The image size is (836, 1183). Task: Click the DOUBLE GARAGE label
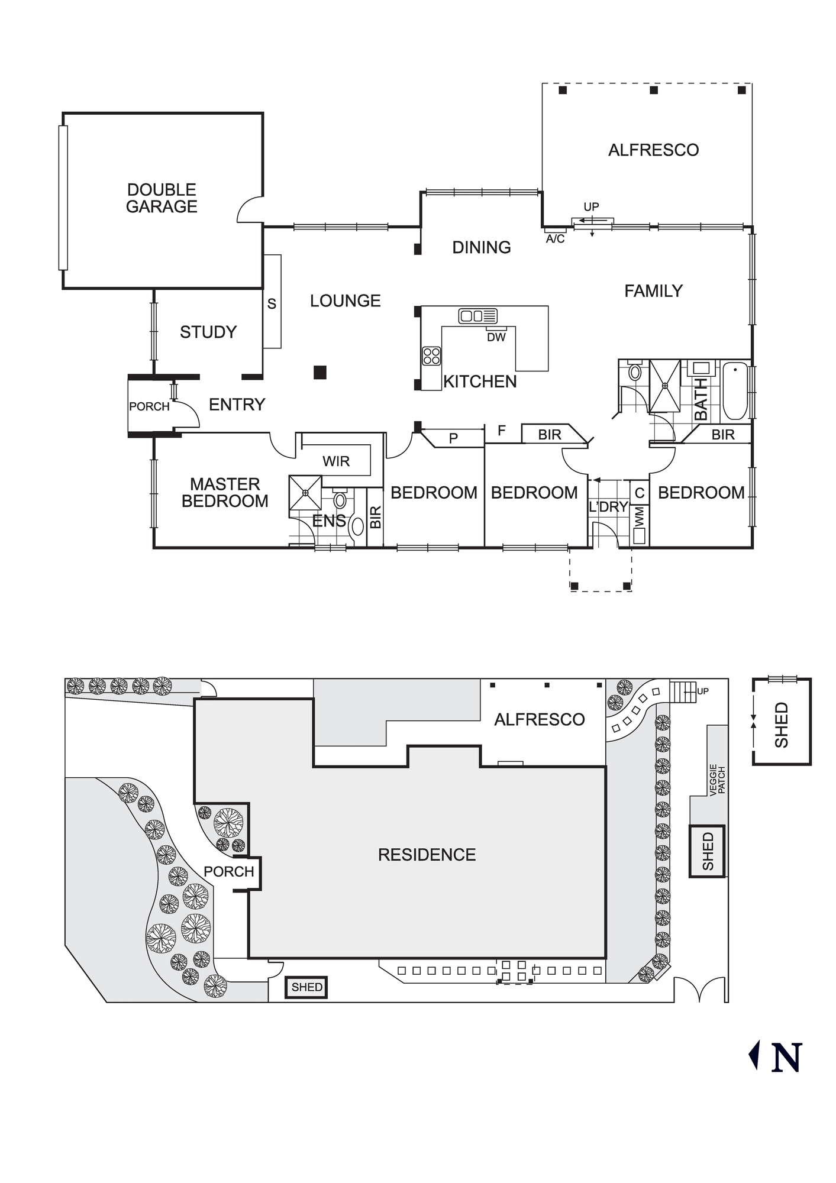pyautogui.click(x=162, y=198)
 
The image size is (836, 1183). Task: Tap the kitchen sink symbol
pyautogui.click(x=477, y=316)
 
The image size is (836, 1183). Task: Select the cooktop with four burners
pyautogui.click(x=431, y=356)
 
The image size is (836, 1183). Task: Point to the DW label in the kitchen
pyautogui.click(x=496, y=337)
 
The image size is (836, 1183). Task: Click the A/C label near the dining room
pyautogui.click(x=555, y=239)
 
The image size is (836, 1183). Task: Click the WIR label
pyautogui.click(x=336, y=461)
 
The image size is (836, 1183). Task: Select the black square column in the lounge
pyautogui.click(x=320, y=372)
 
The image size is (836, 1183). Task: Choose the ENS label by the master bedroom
pyautogui.click(x=329, y=521)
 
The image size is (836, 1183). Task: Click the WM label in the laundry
pyautogui.click(x=640, y=516)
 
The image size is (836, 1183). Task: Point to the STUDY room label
pyautogui.click(x=208, y=332)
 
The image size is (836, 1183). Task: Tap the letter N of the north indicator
pyautogui.click(x=787, y=1058)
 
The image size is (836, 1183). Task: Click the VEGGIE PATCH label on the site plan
pyautogui.click(x=717, y=780)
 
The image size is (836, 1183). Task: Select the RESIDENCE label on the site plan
pyautogui.click(x=427, y=855)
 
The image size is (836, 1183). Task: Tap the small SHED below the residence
pyautogui.click(x=306, y=987)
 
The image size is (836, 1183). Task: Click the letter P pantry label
pyautogui.click(x=453, y=438)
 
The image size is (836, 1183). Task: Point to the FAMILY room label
pyautogui.click(x=653, y=291)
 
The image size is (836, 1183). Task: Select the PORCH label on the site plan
pyautogui.click(x=228, y=871)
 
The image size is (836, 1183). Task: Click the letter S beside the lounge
pyautogui.click(x=272, y=304)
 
